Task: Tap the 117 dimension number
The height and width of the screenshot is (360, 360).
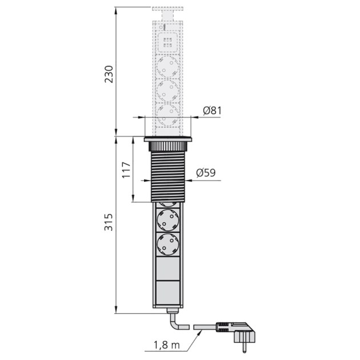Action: tap(127, 170)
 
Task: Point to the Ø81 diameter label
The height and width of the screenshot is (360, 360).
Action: tap(212, 111)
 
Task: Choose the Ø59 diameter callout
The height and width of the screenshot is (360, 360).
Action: tap(206, 173)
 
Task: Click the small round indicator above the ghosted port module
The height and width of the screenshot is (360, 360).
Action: tap(165, 27)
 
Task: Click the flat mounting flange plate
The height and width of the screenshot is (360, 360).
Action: tap(167, 139)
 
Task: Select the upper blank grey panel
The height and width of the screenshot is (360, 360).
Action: tap(167, 269)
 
